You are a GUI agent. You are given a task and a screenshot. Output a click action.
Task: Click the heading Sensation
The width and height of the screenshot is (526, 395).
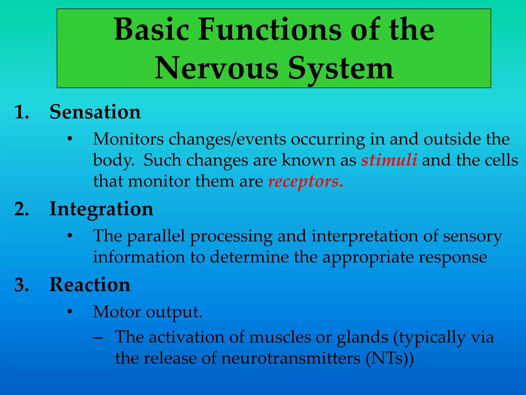[x=95, y=112]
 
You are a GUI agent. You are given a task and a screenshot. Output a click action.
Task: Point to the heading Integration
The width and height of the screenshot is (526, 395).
[x=101, y=209]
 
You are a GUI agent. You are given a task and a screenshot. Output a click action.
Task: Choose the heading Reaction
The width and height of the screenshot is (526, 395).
[x=90, y=285]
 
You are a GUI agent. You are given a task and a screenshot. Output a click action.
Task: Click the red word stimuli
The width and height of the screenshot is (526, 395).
[x=389, y=160]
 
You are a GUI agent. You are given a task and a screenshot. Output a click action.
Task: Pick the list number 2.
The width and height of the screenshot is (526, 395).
[x=22, y=209]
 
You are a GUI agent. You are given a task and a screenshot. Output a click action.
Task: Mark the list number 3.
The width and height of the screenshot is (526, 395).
[x=22, y=285]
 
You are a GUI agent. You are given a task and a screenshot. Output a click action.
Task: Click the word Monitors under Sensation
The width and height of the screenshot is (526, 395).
[x=128, y=139]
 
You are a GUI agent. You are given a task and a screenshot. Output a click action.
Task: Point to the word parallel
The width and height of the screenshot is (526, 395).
[x=156, y=236]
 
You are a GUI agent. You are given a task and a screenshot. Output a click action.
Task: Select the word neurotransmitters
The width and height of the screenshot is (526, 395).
[x=291, y=358]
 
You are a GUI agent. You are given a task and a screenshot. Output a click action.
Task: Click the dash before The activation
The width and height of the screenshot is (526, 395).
[x=98, y=338]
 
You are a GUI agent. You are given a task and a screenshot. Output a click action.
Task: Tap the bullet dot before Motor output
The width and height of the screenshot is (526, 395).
[x=69, y=312]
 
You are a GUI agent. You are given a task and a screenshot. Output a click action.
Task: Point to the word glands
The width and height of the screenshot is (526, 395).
[x=362, y=337]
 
